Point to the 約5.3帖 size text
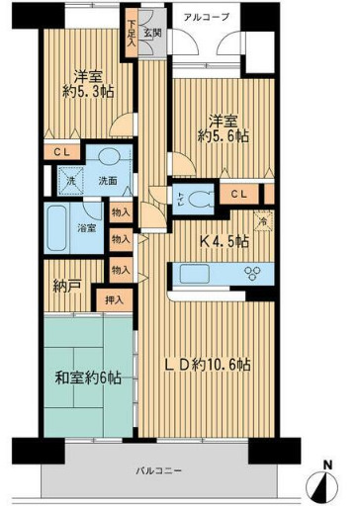[x=87, y=94]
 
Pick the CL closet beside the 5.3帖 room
[x=61, y=154]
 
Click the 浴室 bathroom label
[x=88, y=229]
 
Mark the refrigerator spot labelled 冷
[x=262, y=223]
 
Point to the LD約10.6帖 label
[x=207, y=365]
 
